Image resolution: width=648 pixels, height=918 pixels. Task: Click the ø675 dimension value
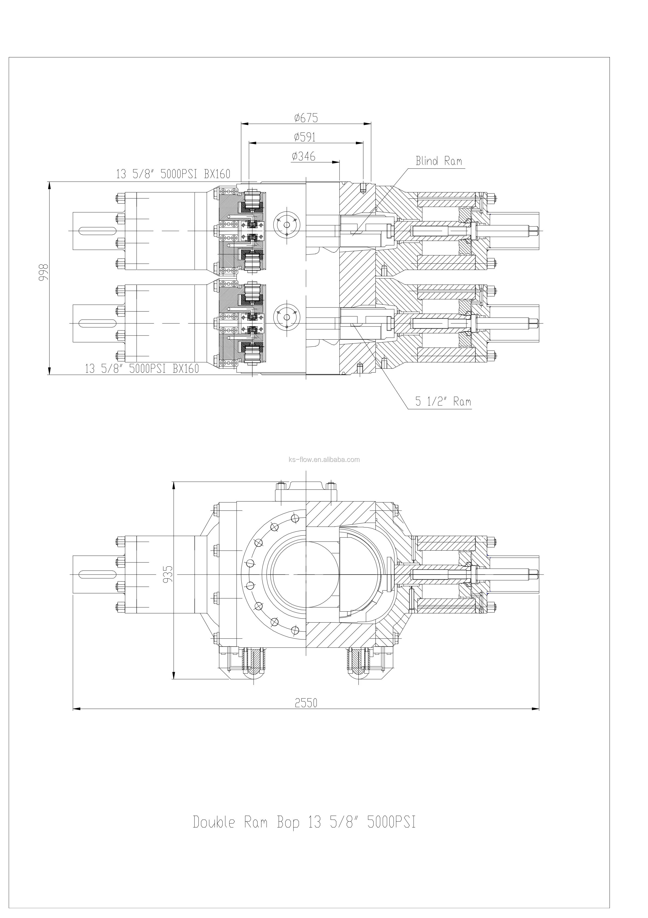306,118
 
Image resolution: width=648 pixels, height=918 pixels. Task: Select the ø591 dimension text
305,137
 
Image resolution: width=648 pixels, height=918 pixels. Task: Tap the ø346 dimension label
304,156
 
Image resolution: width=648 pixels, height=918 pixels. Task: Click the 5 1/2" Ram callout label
443,402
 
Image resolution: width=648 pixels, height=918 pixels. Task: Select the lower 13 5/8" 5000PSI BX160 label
142,369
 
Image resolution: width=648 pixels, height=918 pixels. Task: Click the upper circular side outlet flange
286,225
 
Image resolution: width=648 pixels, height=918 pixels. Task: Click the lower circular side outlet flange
286,317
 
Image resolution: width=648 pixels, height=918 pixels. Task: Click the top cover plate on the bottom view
306,491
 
